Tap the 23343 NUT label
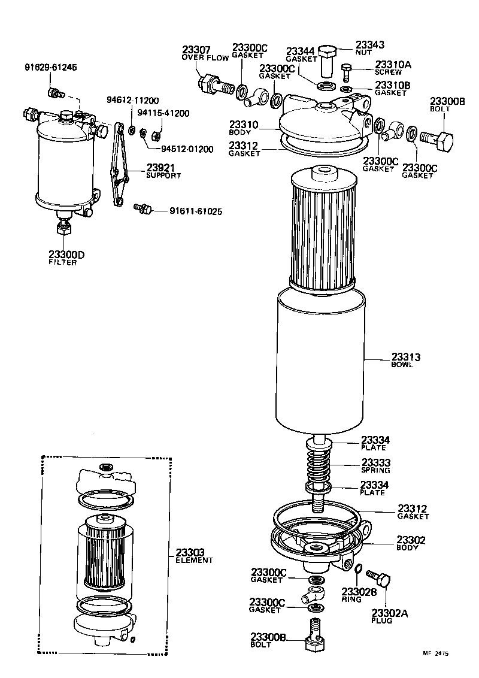pyautogui.click(x=369, y=49)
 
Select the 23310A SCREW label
pyautogui.click(x=392, y=68)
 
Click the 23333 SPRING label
pyautogui.click(x=375, y=466)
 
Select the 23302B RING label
pyautogui.click(x=359, y=595)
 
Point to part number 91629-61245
pyautogui.click(x=51, y=67)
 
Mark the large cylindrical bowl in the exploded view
pyautogui.click(x=320, y=359)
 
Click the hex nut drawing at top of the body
pyautogui.click(x=326, y=59)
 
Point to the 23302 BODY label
pyautogui.click(x=411, y=543)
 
